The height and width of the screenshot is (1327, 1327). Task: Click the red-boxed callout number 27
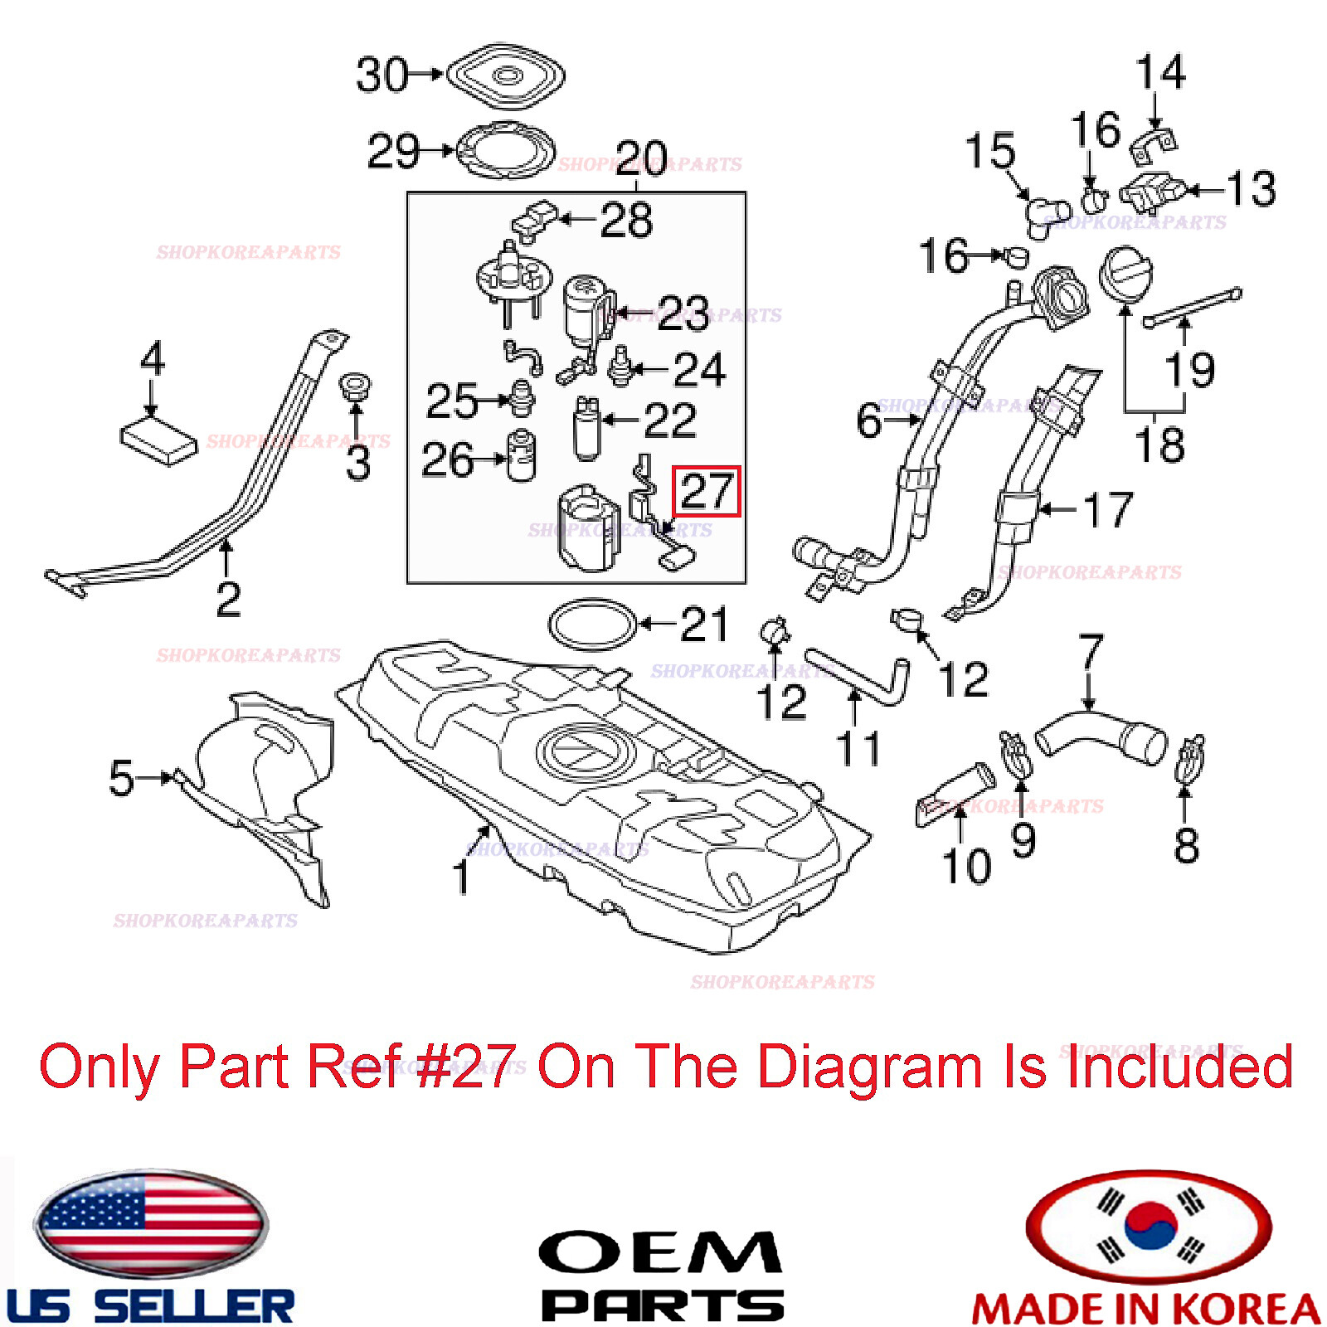(x=706, y=491)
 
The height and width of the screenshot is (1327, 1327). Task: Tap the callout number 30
(x=382, y=75)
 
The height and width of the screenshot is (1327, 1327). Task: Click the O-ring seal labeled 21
(x=592, y=625)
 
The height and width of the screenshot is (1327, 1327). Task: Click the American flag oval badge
(x=151, y=1223)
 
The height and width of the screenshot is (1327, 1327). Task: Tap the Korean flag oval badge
(x=1149, y=1226)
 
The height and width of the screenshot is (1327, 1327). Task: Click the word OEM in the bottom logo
(x=660, y=1253)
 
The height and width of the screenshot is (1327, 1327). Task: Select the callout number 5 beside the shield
(x=121, y=778)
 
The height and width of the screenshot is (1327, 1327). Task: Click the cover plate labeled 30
(x=506, y=75)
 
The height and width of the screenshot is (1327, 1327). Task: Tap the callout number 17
(x=1108, y=509)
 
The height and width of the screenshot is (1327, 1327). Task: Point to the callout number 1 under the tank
(x=462, y=876)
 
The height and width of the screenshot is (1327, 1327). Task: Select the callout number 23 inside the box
(x=683, y=313)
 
